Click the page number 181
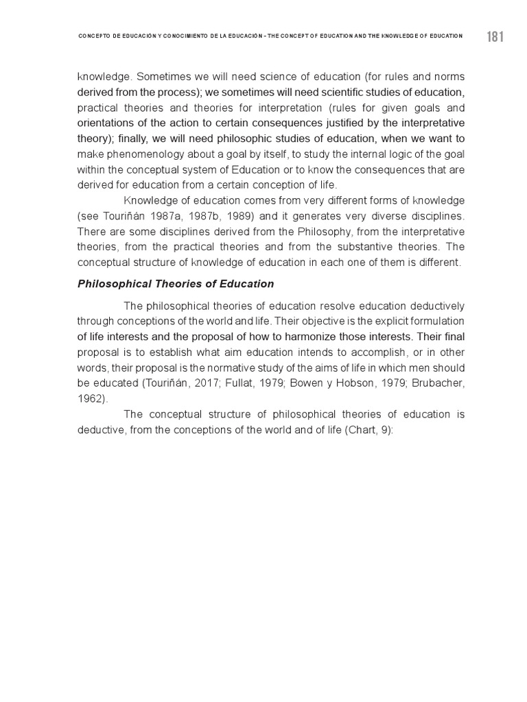495,37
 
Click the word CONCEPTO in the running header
95,36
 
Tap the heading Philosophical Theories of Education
176,284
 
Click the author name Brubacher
435,383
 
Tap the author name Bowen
293,383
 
